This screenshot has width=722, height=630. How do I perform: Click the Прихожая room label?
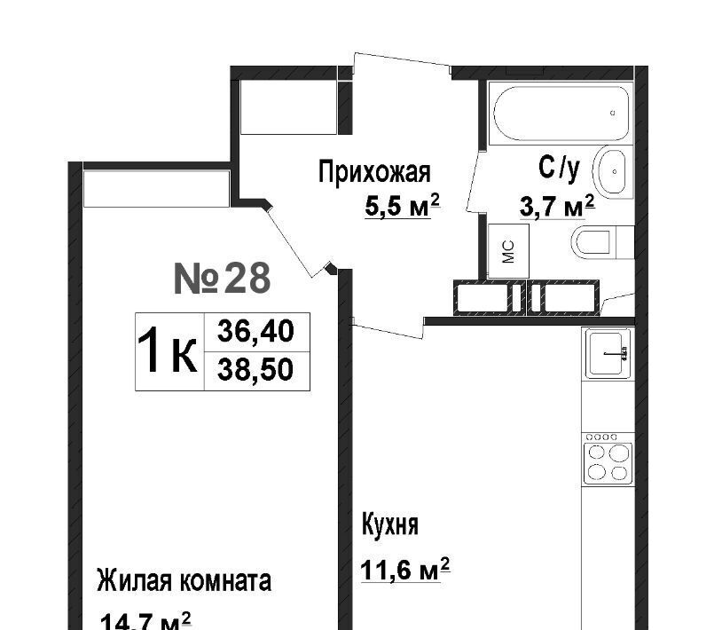(374, 172)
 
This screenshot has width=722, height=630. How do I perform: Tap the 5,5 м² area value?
(403, 205)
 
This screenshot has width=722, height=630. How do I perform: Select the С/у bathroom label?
(559, 168)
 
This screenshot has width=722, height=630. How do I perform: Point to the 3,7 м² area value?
(557, 207)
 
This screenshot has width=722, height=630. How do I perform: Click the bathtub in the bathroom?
(561, 114)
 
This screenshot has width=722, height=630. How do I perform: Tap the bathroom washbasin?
(610, 171)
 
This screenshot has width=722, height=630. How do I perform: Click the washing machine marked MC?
(508, 251)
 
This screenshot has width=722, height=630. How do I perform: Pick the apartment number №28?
(222, 279)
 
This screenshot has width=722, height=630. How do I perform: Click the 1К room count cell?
(169, 352)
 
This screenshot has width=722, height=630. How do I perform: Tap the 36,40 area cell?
(256, 332)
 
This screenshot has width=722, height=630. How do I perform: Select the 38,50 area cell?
(256, 371)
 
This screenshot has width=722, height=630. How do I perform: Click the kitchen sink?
(608, 354)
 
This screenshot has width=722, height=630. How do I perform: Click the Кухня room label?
(390, 524)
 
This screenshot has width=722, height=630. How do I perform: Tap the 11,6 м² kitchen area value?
(404, 570)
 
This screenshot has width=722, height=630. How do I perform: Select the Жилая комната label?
(184, 581)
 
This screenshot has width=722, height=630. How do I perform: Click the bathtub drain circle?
(612, 113)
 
